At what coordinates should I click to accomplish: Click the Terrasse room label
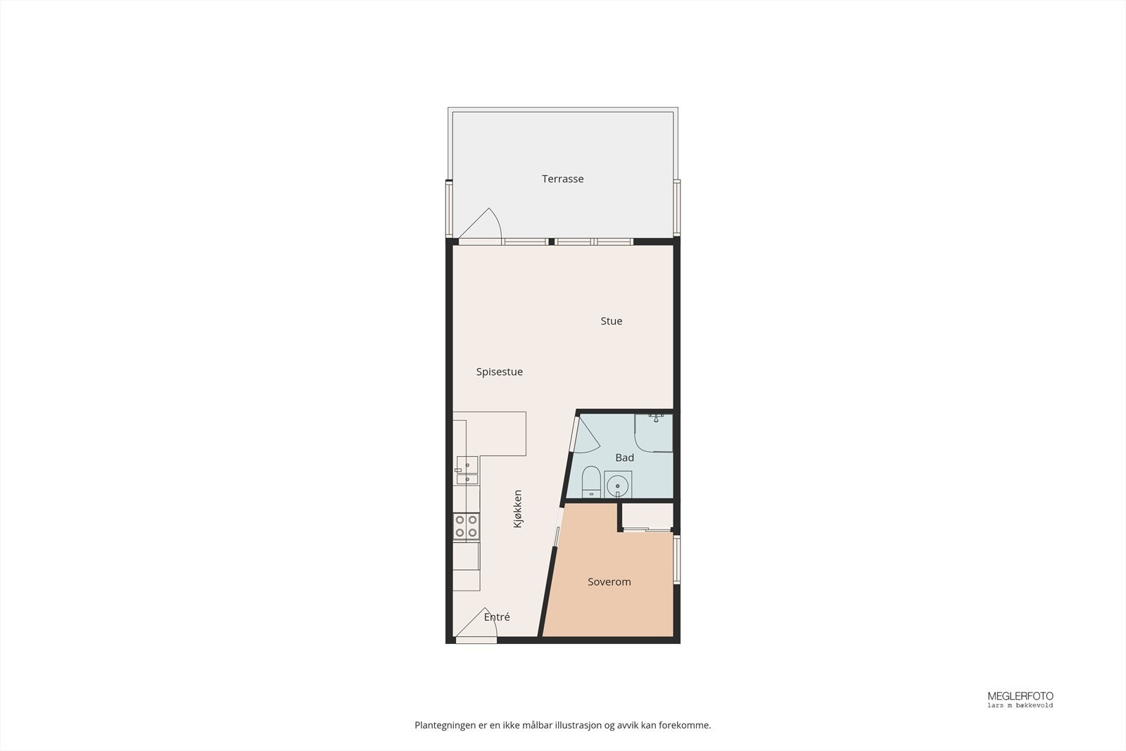562,179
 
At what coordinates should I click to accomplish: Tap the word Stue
611,321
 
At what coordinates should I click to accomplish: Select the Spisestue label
499,372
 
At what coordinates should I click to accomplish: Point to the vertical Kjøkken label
517,509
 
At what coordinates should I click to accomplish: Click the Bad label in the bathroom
624,457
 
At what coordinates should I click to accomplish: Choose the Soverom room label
609,582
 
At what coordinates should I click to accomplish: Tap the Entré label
497,617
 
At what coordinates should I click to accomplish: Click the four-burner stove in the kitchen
466,526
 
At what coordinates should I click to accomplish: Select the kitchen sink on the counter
466,472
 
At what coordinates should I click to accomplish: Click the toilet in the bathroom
591,481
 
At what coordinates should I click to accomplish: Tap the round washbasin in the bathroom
617,485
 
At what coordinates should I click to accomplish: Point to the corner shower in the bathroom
654,432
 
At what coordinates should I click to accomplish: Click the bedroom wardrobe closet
647,518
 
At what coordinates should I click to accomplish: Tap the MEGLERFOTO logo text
1020,696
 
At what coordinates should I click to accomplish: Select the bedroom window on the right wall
677,560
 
